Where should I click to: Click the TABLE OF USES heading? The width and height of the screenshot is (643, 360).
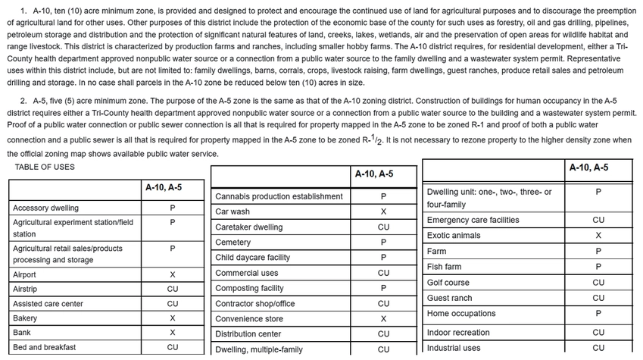[x=45, y=167]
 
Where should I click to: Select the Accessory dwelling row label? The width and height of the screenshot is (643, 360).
[x=45, y=208]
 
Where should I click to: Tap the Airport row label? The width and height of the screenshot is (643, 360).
[x=25, y=274]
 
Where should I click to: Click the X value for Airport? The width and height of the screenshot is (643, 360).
[x=173, y=274]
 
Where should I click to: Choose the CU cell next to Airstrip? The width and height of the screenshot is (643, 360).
[x=173, y=289]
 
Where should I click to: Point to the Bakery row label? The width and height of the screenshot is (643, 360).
[x=25, y=318]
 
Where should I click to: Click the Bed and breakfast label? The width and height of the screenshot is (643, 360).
[x=44, y=347]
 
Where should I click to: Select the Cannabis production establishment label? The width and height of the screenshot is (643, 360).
[x=279, y=196]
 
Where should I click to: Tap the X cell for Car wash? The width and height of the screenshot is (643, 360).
[x=384, y=211]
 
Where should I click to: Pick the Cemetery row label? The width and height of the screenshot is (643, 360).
[x=233, y=243]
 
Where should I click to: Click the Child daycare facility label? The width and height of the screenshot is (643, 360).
[x=252, y=258]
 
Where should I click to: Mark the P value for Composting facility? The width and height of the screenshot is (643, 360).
[x=384, y=288]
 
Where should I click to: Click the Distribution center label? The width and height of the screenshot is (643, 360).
[x=248, y=333]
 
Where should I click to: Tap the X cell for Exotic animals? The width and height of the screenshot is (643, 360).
[x=598, y=236]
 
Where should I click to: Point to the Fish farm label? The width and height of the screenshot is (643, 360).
[x=445, y=267]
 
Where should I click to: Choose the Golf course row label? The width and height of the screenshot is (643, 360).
[x=448, y=283]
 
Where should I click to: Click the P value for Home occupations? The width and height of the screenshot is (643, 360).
[x=598, y=313]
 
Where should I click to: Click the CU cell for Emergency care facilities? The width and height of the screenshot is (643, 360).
[x=598, y=220]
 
